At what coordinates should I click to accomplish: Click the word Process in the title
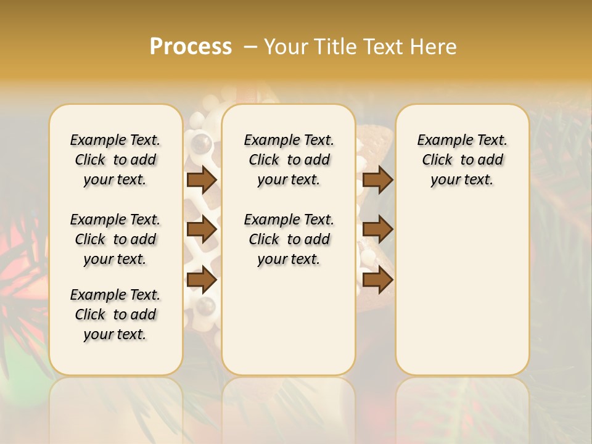(191, 47)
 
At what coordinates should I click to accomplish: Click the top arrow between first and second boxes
(201, 179)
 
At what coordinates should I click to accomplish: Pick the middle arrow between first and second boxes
(201, 229)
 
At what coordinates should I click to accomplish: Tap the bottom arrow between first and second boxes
(201, 280)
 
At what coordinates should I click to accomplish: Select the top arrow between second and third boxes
(377, 179)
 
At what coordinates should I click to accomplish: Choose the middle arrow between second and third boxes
(377, 229)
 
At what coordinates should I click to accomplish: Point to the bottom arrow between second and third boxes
(377, 280)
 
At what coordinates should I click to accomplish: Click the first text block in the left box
(115, 160)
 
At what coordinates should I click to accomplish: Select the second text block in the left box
(115, 239)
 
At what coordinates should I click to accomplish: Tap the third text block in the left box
(115, 314)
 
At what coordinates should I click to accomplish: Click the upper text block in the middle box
(289, 160)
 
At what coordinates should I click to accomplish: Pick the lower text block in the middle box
(289, 239)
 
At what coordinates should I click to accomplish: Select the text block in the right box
(462, 160)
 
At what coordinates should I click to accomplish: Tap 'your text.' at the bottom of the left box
(115, 334)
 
